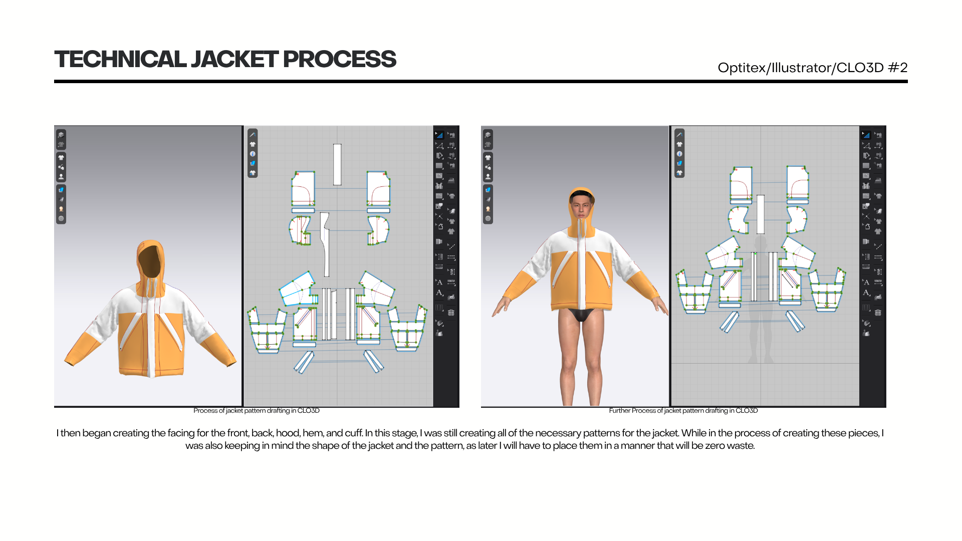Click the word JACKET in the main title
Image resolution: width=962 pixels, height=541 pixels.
coord(234,59)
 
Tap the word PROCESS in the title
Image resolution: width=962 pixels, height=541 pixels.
coord(340,59)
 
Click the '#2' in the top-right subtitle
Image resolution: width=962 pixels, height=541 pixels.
coord(897,68)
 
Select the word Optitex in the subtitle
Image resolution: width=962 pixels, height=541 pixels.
coord(742,68)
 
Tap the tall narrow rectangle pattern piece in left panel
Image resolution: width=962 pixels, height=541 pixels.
coord(337,165)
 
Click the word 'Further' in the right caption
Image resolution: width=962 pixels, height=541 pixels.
coord(619,411)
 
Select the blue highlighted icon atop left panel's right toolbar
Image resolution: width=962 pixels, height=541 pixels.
coord(439,135)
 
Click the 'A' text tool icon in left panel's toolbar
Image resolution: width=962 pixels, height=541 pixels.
coord(439,283)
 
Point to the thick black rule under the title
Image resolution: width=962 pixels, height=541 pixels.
coord(481,81)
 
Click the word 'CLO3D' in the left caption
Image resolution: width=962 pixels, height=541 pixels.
coord(308,411)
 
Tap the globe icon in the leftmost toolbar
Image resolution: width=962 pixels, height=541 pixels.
coord(61,218)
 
